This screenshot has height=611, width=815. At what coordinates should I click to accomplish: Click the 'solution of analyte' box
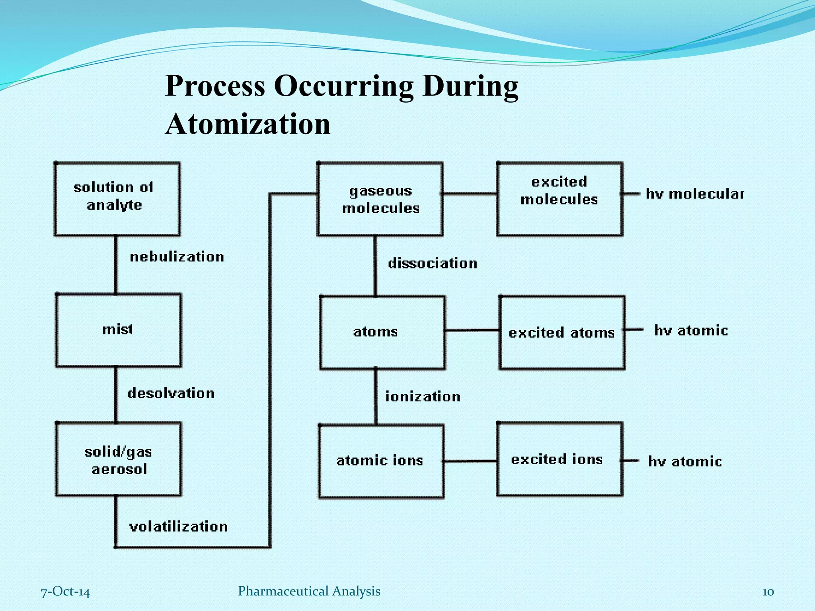117,199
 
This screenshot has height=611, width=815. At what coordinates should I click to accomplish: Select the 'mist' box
118,330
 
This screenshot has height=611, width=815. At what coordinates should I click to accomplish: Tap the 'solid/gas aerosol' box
118,459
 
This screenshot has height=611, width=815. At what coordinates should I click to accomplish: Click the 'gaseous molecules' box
380,199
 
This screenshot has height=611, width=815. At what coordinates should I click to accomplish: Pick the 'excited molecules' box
560,199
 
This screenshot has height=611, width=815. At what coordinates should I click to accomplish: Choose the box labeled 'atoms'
382,332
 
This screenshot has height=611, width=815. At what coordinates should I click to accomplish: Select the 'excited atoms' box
562,332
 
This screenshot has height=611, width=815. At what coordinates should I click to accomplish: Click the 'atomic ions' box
381,461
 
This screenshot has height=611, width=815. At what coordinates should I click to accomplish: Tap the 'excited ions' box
559,459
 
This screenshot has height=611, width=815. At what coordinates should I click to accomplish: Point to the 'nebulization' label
177,257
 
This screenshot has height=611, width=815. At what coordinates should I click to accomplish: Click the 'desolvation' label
171,393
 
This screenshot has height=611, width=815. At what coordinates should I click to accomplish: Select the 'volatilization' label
179,527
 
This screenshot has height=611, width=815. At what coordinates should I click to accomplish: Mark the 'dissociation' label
433,263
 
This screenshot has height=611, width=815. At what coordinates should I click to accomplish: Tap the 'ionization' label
423,397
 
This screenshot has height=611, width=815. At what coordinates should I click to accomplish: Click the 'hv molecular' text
694,194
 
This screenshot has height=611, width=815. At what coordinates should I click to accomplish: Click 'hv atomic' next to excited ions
684,461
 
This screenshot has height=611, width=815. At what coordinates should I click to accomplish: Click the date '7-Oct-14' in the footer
66,592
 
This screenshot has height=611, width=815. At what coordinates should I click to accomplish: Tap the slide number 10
768,592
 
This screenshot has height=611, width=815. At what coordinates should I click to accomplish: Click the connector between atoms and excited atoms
472,330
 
